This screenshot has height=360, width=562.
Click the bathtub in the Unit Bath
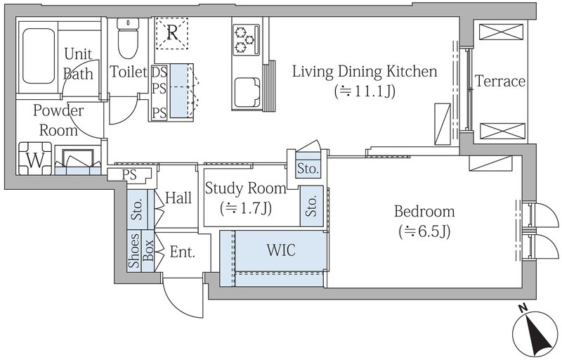[39, 56]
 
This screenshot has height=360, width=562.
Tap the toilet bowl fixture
[128, 39]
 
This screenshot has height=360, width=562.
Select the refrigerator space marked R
[172, 33]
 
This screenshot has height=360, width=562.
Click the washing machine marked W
[35, 158]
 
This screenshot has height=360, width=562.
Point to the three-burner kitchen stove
[247, 39]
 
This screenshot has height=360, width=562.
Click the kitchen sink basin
[247, 93]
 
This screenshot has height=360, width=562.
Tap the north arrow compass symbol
[535, 333]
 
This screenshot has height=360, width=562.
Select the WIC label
[282, 250]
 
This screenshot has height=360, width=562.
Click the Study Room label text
[245, 188]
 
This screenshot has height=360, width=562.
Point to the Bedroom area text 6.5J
[425, 231]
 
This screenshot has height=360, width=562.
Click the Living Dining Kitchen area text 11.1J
[365, 91]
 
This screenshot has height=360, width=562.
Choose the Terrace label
[500, 82]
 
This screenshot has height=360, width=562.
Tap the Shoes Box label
[141, 250]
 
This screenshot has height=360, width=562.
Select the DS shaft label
[159, 72]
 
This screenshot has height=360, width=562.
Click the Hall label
[178, 198]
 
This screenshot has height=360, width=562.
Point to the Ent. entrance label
[183, 252]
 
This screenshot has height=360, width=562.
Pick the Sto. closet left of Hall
[137, 210]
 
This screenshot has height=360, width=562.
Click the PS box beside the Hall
[129, 174]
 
